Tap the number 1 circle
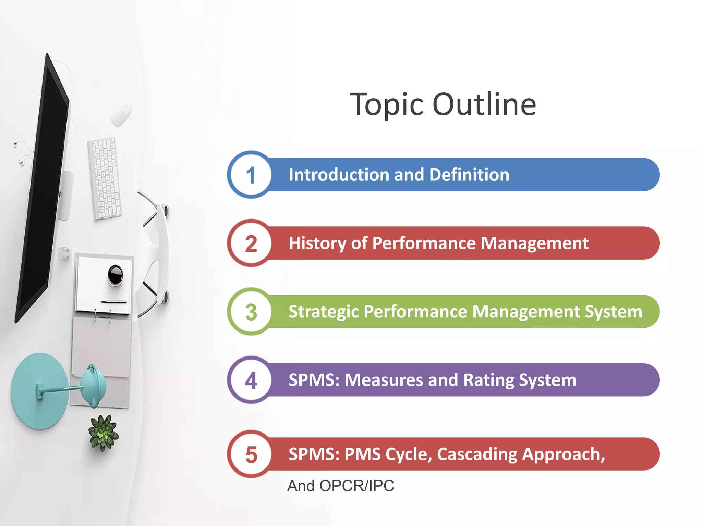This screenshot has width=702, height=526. pyautogui.click(x=251, y=175)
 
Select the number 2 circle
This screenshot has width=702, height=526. pyautogui.click(x=251, y=243)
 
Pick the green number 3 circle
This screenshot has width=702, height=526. pyautogui.click(x=251, y=312)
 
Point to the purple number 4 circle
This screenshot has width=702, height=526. pyautogui.click(x=251, y=380)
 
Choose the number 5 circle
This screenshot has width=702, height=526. pyautogui.click(x=251, y=454)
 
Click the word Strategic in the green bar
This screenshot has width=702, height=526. pyautogui.click(x=324, y=312)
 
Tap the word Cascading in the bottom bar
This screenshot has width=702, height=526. pyautogui.click(x=476, y=454)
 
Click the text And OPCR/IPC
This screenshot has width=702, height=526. pyautogui.click(x=340, y=486)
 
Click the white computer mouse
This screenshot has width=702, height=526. pyautogui.click(x=121, y=114)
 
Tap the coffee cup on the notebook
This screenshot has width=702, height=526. pyautogui.click(x=116, y=274)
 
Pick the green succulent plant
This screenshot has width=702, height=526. pyautogui.click(x=103, y=432)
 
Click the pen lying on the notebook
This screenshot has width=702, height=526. pyautogui.click(x=113, y=302)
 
